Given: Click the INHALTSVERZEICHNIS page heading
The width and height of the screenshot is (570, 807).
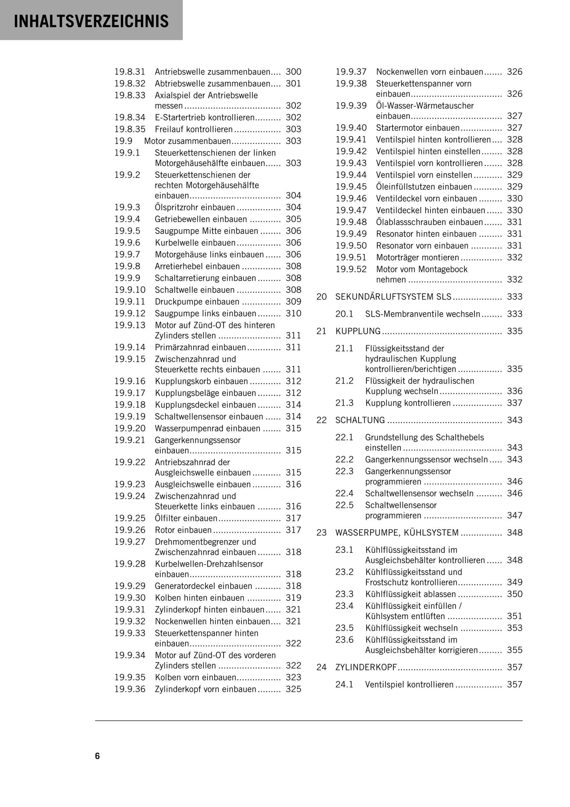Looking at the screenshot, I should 91,21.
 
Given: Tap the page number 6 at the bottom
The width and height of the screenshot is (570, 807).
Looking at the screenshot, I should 97,756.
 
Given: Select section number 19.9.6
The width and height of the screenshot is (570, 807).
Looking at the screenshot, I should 127,243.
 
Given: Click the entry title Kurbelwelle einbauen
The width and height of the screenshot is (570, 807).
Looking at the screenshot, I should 195,243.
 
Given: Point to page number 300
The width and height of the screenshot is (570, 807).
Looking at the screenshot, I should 293,72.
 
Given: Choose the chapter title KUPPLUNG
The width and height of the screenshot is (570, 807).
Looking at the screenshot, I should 358,331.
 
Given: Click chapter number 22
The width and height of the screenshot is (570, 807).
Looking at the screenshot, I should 322,420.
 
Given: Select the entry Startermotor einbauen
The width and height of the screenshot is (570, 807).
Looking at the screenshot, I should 418,128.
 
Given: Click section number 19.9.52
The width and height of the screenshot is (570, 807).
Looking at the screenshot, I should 351,270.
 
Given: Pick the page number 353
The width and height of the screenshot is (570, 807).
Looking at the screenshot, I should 514,628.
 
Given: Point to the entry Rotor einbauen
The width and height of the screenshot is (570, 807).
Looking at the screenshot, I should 183,530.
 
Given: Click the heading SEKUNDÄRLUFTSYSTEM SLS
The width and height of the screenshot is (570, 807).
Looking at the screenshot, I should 393,297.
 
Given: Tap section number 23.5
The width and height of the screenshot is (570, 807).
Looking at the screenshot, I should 344,628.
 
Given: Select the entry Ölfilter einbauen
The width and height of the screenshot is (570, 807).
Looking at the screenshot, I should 186,518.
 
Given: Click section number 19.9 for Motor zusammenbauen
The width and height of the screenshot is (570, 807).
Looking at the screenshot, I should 123,141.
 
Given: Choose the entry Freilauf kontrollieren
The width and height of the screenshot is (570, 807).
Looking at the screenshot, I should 194,129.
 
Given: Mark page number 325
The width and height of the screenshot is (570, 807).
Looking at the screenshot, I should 293,689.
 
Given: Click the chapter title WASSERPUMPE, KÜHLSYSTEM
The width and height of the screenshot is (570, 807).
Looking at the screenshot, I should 397,533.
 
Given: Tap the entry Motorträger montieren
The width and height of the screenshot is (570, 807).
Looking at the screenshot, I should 418,258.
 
